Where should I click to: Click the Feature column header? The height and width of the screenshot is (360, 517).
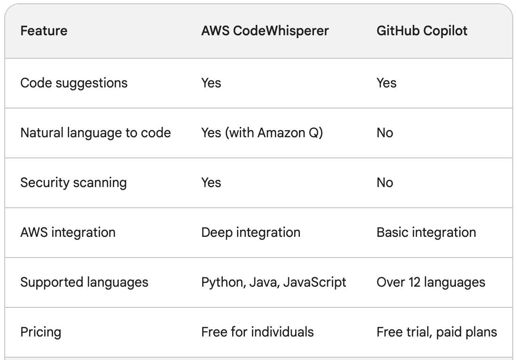click(44, 31)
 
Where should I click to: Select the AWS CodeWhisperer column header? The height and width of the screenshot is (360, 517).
click(265, 31)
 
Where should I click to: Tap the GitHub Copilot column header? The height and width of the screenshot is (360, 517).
click(422, 31)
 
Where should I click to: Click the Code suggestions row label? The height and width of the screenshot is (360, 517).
click(74, 83)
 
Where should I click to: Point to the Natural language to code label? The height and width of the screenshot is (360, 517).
click(95, 133)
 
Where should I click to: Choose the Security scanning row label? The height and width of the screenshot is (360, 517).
click(73, 183)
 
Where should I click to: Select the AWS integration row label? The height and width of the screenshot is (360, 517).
click(68, 233)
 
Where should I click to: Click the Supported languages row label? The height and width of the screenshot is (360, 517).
click(84, 282)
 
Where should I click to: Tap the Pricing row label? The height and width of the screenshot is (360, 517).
click(41, 332)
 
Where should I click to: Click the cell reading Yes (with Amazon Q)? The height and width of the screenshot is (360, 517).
click(262, 133)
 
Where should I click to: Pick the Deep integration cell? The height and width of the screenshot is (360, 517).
click(251, 233)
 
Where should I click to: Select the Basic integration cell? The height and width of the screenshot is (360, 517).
click(426, 233)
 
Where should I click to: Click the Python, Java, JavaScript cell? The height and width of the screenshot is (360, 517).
click(274, 282)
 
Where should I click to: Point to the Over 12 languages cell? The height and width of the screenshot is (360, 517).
click(431, 282)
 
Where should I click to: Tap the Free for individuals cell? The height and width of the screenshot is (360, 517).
click(257, 332)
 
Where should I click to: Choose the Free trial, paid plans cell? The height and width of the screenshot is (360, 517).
click(436, 332)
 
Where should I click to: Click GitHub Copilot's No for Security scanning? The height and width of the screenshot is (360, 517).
click(384, 183)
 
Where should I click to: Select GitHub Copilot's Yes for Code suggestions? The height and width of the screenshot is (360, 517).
click(386, 83)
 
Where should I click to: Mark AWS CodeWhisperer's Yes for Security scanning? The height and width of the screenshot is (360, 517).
click(211, 183)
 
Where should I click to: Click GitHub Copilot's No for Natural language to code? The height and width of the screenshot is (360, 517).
click(384, 133)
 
